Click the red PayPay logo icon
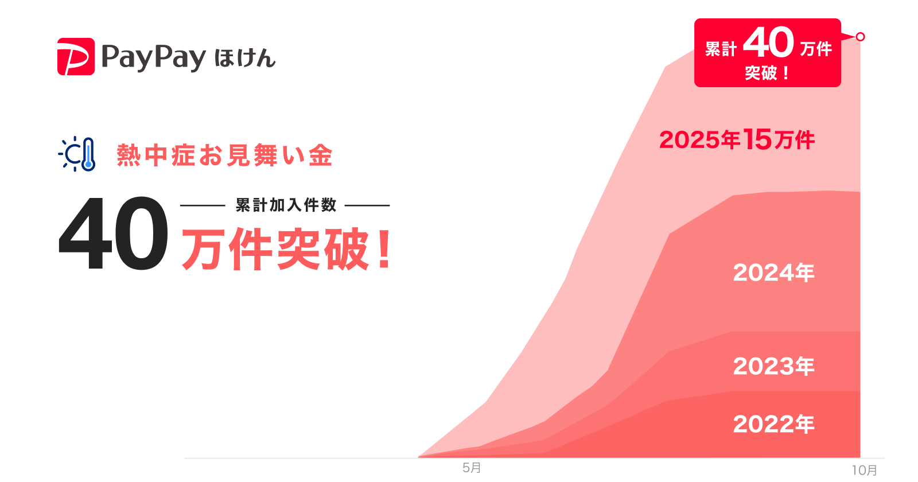pyautogui.click(x=76, y=56)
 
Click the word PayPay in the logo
pyautogui.click(x=153, y=57)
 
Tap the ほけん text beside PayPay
pyautogui.click(x=245, y=59)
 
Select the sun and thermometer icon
pyautogui.click(x=77, y=154)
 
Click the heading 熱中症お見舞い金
pyautogui.click(x=224, y=156)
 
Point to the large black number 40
pyautogui.click(x=114, y=234)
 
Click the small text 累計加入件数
pyautogui.click(x=286, y=205)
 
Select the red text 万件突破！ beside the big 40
pyautogui.click(x=275, y=249)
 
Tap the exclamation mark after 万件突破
pyautogui.click(x=385, y=249)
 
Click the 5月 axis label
pyautogui.click(x=472, y=468)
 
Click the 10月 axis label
pyautogui.click(x=864, y=471)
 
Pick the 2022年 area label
pyautogui.click(x=773, y=424)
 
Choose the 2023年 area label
pyautogui.click(x=773, y=366)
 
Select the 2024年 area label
pyautogui.click(x=773, y=273)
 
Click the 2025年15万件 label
pyautogui.click(x=737, y=139)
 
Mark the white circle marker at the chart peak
pyautogui.click(x=860, y=37)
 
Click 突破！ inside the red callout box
pyautogui.click(x=767, y=73)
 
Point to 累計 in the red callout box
pyautogui.click(x=721, y=49)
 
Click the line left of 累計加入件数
pyautogui.click(x=203, y=205)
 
